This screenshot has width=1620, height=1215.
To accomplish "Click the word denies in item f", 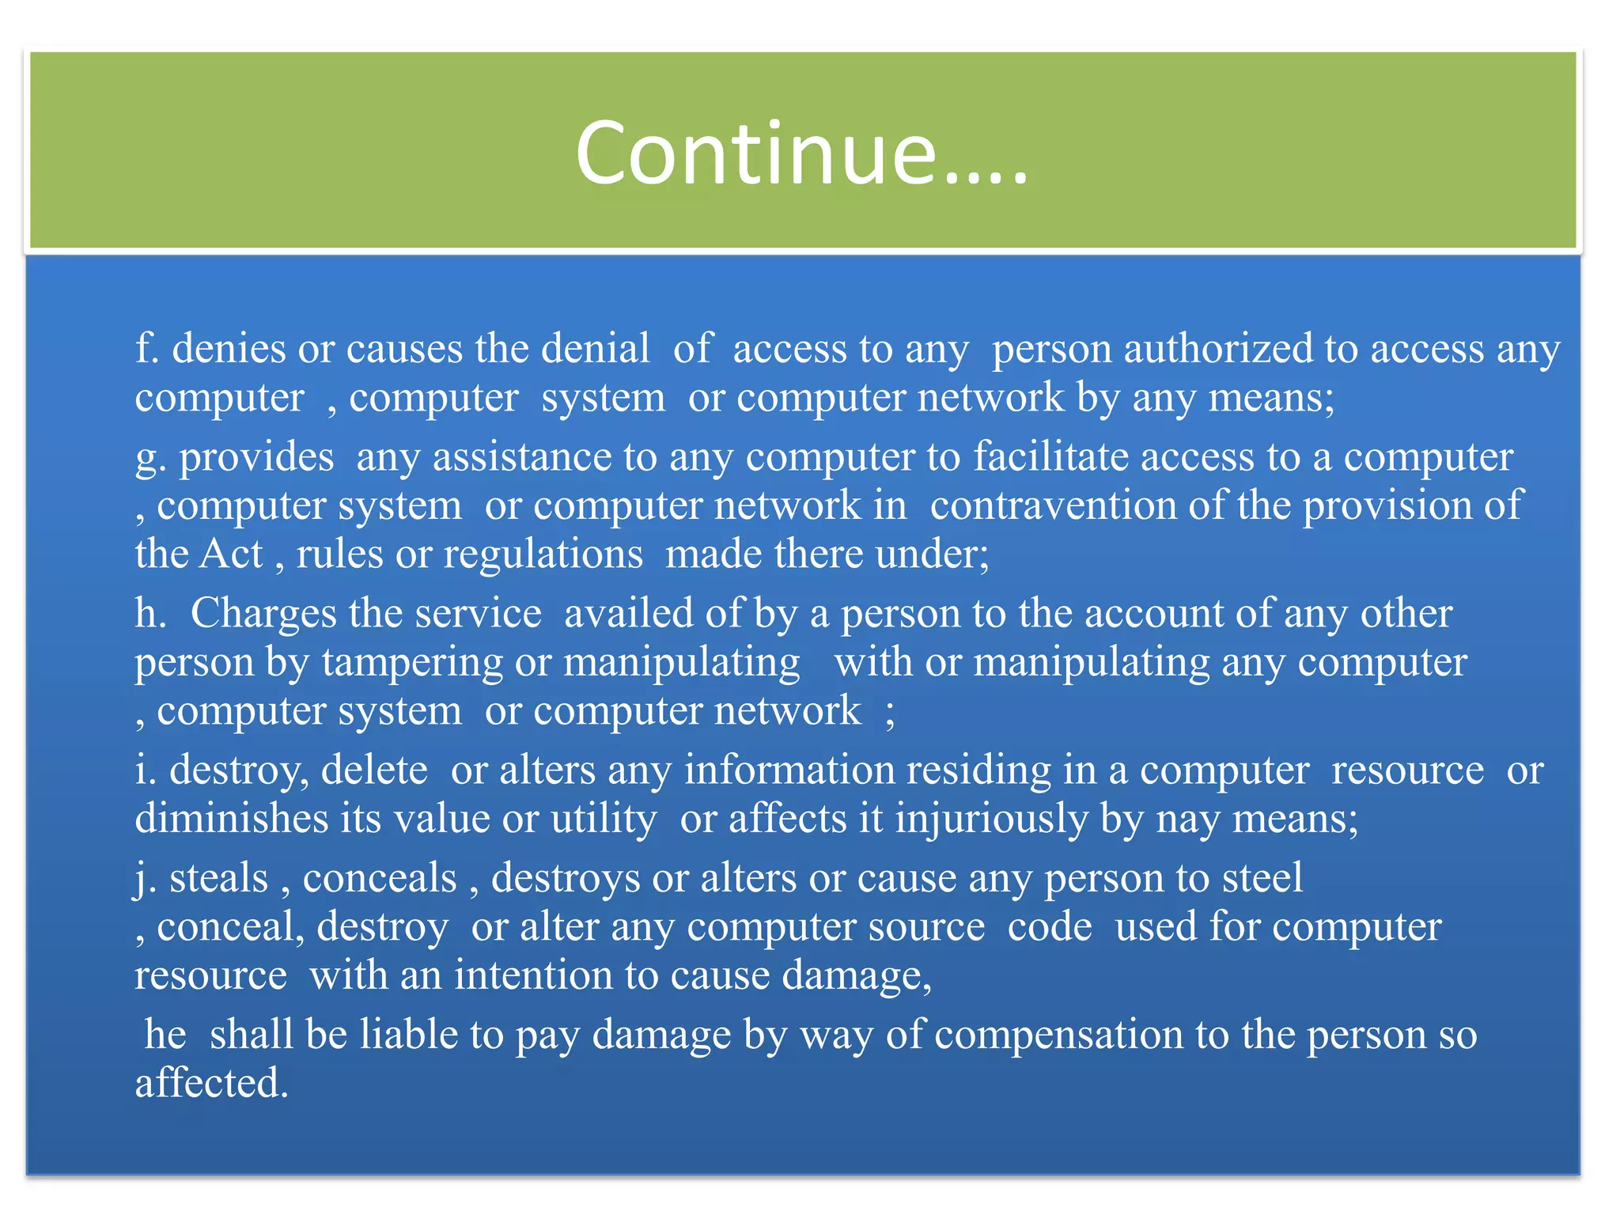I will pos(229,349).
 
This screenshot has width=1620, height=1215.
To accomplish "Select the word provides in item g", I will pos(256,457).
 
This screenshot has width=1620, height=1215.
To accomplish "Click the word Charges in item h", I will pos(263,613).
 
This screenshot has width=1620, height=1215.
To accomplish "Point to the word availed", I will pos(613,613).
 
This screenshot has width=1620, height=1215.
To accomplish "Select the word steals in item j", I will pos(218,878).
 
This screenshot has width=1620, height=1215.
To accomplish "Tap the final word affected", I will pos(211,1083).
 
